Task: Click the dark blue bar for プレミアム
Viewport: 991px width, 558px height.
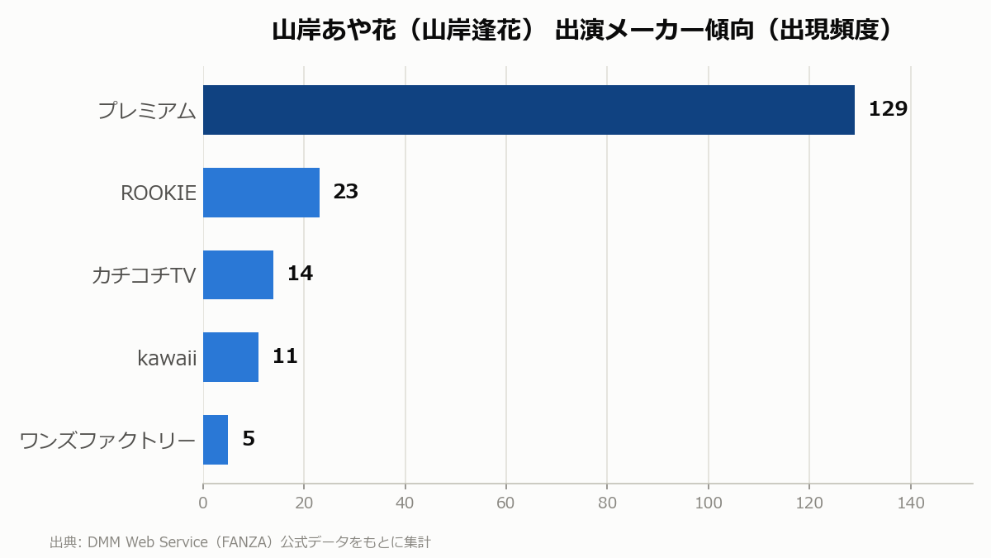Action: (x=529, y=110)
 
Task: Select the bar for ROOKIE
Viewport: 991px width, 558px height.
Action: (x=261, y=193)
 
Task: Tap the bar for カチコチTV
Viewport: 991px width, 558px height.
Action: (x=238, y=275)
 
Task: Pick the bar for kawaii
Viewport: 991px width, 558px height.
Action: (x=230, y=357)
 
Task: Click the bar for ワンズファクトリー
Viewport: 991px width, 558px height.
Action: (x=216, y=440)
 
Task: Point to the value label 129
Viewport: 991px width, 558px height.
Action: (x=888, y=109)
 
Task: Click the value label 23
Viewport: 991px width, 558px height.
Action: (x=345, y=191)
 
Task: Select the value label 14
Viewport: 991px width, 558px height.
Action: (x=300, y=274)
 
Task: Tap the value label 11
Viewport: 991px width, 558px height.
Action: (x=285, y=356)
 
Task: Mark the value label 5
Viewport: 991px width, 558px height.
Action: (x=249, y=438)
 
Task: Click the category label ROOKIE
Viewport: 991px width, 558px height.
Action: (x=159, y=193)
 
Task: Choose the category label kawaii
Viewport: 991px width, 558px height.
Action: (x=167, y=358)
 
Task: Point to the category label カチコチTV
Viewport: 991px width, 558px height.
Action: (x=144, y=275)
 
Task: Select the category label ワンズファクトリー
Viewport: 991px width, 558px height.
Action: (x=107, y=441)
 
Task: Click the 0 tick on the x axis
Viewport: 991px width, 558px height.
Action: (x=203, y=503)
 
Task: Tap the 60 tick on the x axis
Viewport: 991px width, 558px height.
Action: (x=505, y=503)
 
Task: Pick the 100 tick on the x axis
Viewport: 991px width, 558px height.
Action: (x=709, y=503)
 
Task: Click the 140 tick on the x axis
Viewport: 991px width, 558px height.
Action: (x=910, y=503)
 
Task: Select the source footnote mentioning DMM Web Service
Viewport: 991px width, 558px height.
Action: (x=240, y=542)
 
